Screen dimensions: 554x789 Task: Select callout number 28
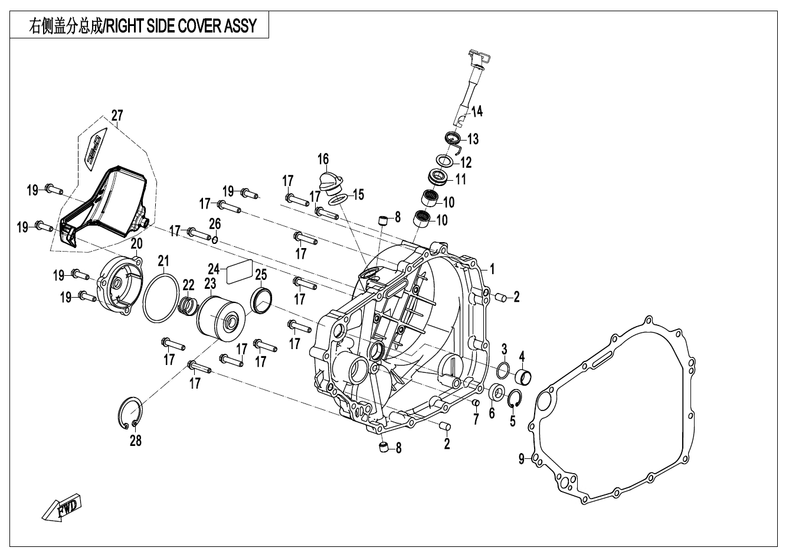point(136,441)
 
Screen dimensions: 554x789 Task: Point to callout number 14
point(476,110)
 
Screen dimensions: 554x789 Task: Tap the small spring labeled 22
point(188,305)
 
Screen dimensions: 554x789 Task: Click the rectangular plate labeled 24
point(239,271)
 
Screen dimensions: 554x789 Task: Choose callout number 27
point(117,115)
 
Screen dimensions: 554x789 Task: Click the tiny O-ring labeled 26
point(216,240)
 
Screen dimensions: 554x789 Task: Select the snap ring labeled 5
point(514,399)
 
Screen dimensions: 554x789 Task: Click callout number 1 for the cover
point(492,269)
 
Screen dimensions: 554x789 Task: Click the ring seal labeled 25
point(261,299)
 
